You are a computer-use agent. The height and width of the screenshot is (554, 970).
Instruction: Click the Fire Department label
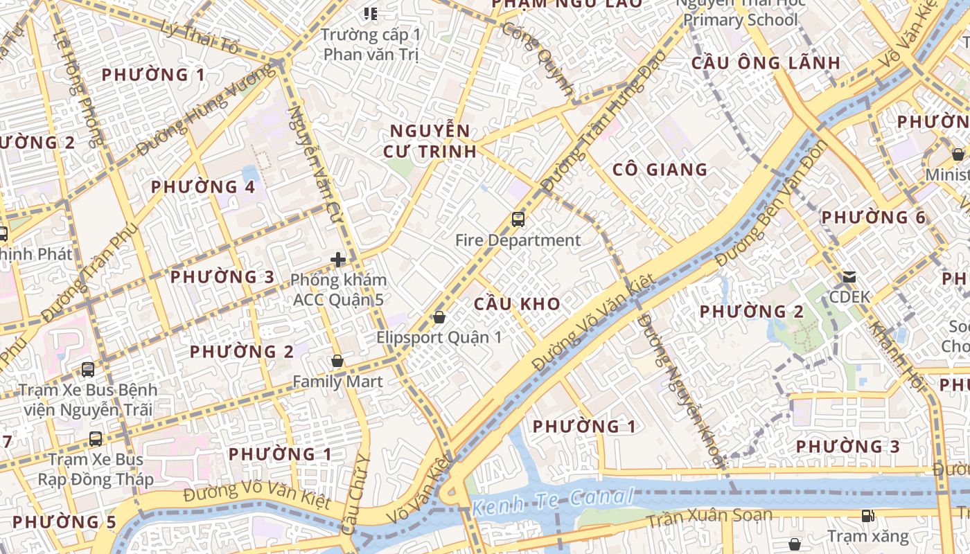click(518, 240)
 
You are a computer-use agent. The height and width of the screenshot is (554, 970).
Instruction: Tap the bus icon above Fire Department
click(518, 220)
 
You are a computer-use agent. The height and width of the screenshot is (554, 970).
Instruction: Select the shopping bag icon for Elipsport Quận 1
click(439, 318)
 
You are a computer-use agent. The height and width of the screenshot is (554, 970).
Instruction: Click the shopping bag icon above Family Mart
click(337, 361)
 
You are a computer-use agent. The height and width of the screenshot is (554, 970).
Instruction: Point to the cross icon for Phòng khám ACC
click(338, 260)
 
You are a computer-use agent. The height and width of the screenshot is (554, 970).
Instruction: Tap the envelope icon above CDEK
click(849, 277)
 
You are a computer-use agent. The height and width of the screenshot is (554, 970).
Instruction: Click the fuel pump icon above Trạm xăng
click(867, 515)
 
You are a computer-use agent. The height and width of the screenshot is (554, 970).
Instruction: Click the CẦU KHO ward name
click(517, 304)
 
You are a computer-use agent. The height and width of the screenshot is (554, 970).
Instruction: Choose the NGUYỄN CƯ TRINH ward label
click(432, 141)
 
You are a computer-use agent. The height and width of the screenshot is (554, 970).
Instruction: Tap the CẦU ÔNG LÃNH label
click(766, 63)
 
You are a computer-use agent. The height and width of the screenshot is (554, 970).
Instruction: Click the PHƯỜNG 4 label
click(203, 187)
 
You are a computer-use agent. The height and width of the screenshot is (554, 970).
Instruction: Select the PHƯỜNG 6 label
click(873, 217)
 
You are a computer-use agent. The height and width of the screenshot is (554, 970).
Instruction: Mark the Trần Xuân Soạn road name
click(709, 516)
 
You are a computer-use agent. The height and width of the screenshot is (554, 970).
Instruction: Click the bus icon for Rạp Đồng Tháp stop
click(96, 438)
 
